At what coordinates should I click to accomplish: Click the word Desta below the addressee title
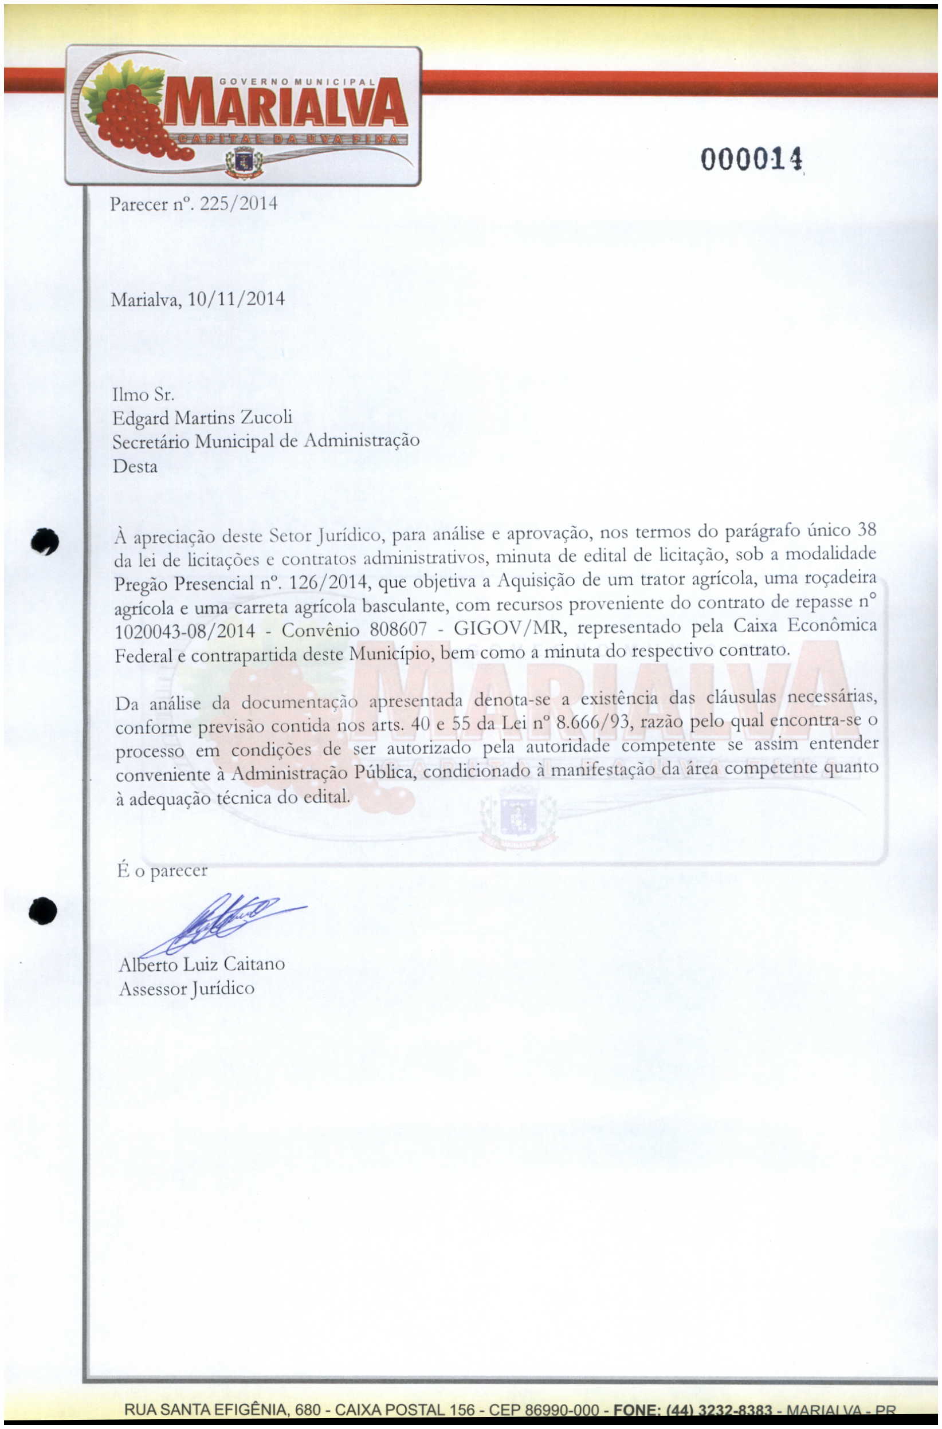(135, 467)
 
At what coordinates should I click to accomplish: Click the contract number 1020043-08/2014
(185, 631)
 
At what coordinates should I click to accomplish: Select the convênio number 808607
(398, 629)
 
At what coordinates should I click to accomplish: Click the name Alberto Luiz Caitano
(202, 965)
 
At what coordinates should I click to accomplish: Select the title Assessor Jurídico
(186, 989)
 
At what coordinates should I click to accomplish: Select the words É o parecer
(162, 870)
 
